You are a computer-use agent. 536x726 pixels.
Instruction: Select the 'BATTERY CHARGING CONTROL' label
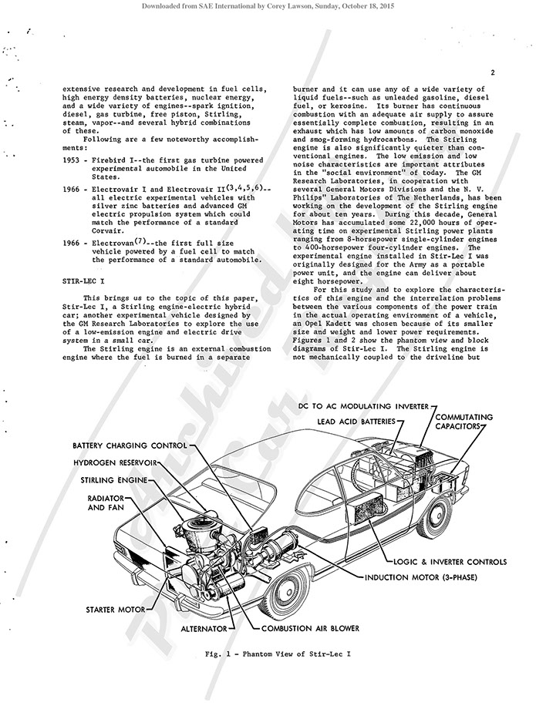click(x=130, y=445)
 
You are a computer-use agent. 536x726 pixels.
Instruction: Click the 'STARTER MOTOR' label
click(x=115, y=610)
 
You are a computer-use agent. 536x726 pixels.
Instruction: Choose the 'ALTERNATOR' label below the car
click(x=203, y=629)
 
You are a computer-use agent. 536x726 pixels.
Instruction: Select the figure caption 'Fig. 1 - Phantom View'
click(x=278, y=654)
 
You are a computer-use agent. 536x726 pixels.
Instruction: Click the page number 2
click(x=491, y=73)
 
